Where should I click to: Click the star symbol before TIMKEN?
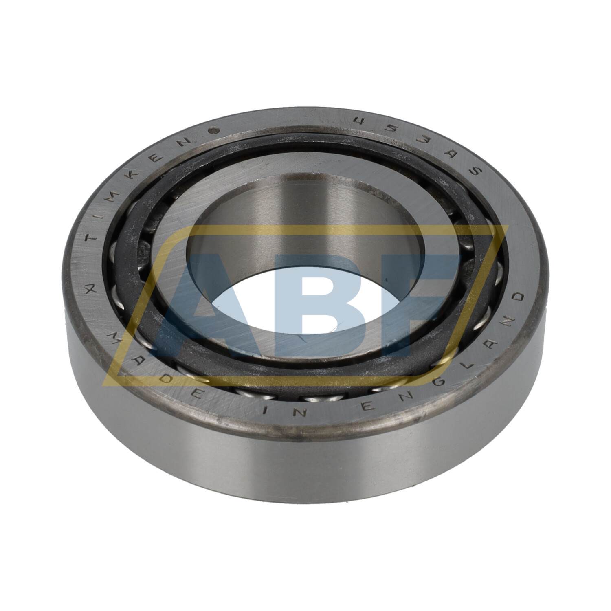tap(92, 290)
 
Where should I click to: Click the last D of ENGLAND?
tap(519, 297)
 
